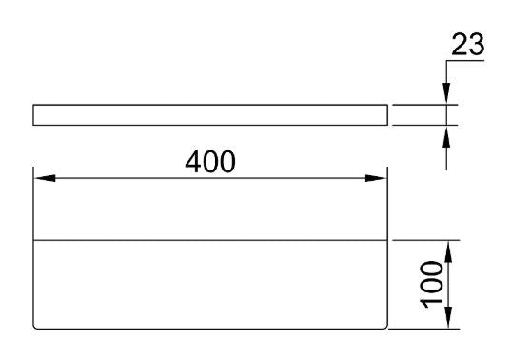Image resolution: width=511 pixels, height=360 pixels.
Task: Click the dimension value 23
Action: pos(467,45)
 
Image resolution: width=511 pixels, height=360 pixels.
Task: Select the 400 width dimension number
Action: pos(210,163)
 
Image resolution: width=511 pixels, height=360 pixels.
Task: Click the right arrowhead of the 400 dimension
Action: pos(378,178)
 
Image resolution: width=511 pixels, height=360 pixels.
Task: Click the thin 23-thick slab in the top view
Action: pos(210,115)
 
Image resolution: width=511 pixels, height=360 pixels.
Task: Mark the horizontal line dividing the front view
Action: pos(210,240)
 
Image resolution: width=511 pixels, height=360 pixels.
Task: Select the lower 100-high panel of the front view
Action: pos(210,286)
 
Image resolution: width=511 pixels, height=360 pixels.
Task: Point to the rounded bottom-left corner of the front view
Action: pos(36,328)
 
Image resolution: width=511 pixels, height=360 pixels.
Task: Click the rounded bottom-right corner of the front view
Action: pos(385,328)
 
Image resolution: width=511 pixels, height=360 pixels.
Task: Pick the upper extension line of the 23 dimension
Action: pos(423,105)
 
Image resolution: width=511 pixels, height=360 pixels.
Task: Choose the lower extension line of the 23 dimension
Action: pos(423,125)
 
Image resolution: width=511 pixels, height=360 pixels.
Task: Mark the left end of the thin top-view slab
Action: pos(34,115)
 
